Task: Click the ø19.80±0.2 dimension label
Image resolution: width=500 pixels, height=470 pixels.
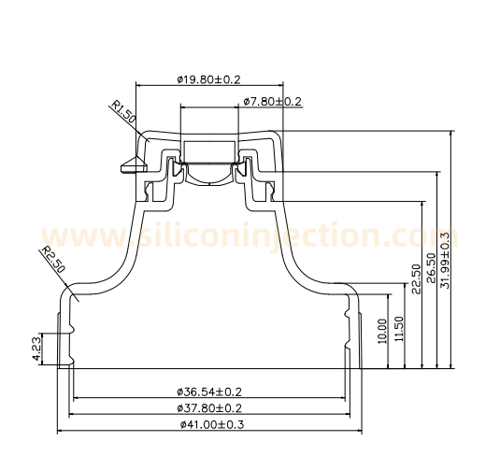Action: [209, 79]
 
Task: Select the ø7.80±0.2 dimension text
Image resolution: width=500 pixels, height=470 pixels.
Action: [272, 101]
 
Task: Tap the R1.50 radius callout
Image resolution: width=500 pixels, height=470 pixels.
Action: [123, 114]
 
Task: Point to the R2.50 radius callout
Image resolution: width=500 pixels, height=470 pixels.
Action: [52, 259]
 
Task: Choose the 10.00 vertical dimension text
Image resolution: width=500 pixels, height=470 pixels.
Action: [381, 331]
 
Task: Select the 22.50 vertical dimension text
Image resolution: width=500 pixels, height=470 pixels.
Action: [416, 278]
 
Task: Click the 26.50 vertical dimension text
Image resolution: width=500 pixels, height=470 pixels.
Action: [431, 270]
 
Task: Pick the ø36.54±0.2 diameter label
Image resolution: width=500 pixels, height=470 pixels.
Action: [209, 392]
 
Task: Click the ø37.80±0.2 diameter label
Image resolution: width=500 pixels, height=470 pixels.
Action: [209, 408]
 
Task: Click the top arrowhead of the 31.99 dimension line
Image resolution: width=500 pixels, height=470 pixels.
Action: [451, 133]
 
